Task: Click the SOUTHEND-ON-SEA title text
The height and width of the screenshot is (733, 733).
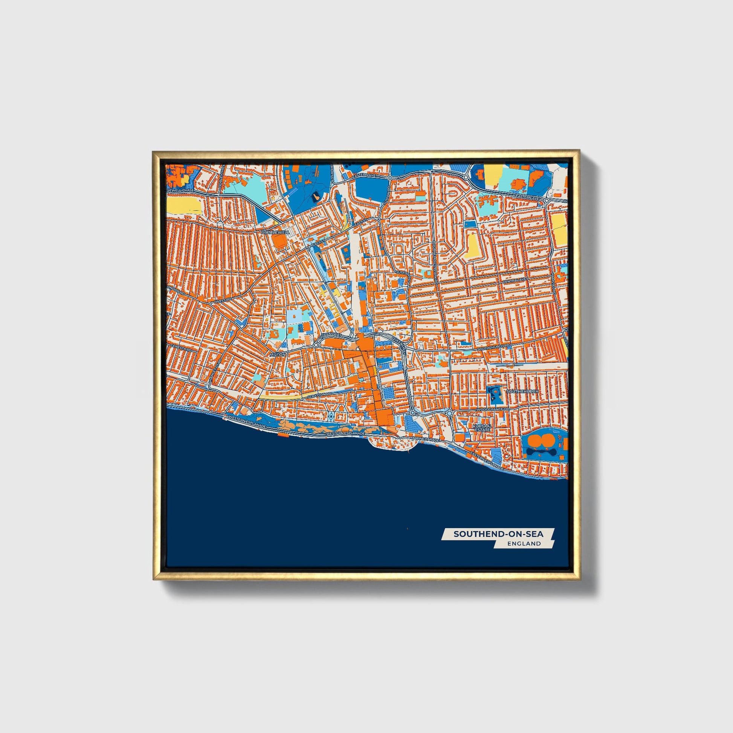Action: (498, 534)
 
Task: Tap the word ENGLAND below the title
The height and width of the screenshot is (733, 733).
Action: (524, 543)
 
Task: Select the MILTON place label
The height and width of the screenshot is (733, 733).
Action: (277, 354)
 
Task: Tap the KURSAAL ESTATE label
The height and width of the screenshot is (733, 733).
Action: (481, 428)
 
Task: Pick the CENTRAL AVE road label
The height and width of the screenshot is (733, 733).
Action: (515, 280)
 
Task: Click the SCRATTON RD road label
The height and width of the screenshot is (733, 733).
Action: (319, 395)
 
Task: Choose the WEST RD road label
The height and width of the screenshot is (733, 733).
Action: (223, 301)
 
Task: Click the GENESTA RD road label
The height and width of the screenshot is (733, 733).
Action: (180, 347)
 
